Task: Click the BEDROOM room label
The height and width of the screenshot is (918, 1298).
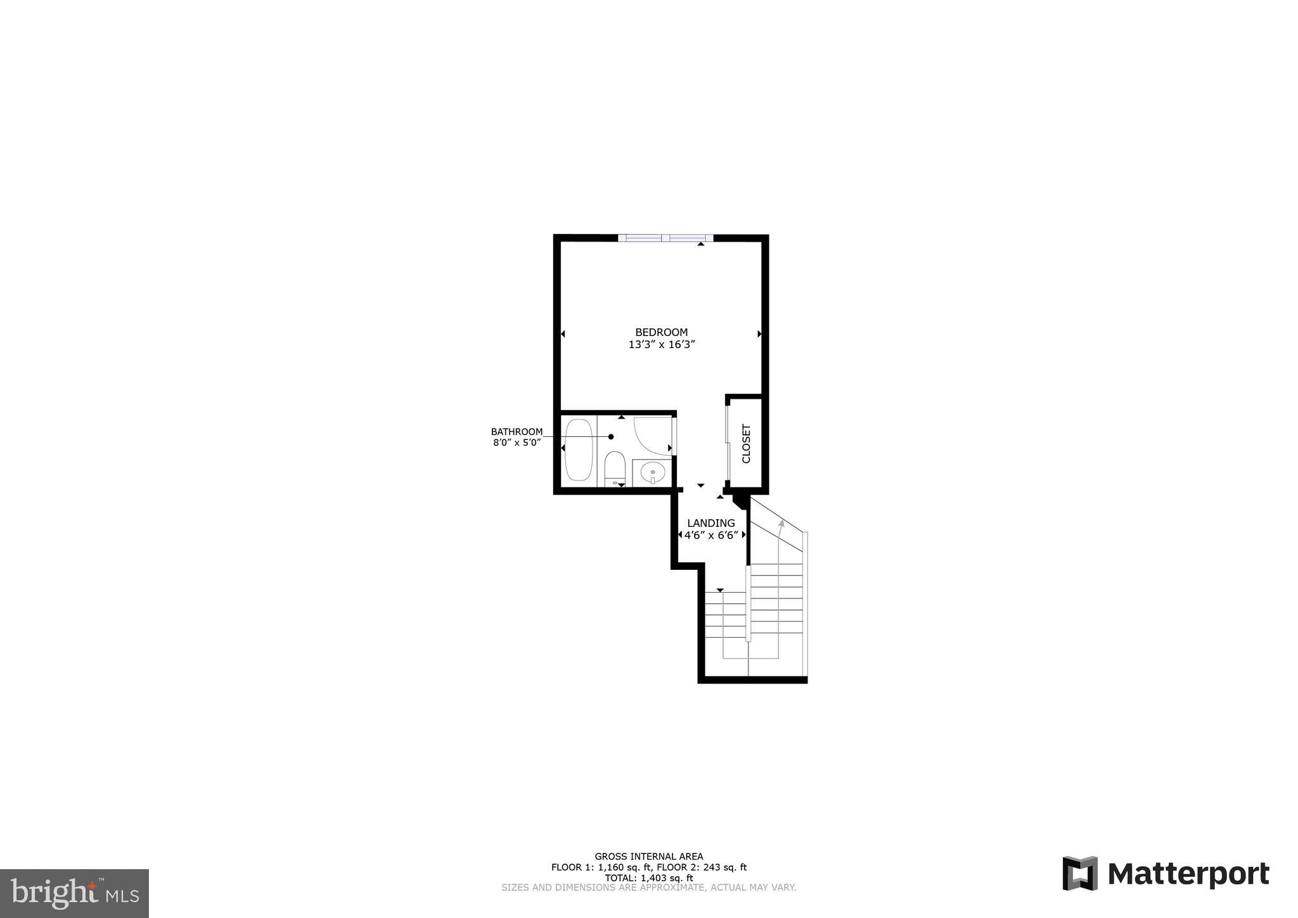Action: click(661, 332)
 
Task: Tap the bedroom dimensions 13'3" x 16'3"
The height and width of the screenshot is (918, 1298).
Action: click(661, 345)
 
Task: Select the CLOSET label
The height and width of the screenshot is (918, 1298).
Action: click(746, 444)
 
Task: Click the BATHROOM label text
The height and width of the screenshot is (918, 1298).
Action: click(517, 432)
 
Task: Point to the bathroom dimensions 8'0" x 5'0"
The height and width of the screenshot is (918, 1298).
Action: click(517, 443)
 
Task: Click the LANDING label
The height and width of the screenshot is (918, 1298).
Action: click(711, 523)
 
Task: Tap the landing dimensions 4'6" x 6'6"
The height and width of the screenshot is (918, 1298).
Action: click(711, 535)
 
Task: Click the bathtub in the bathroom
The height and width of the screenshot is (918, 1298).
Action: click(578, 449)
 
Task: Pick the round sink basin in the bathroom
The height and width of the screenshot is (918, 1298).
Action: click(652, 472)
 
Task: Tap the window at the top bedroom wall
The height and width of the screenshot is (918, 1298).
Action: click(665, 238)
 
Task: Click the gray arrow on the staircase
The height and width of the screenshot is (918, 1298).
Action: click(781, 524)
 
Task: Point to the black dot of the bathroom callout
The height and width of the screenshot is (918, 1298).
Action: click(611, 437)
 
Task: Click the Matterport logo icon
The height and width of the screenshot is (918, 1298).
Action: click(1079, 874)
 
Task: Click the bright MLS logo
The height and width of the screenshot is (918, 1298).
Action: click(74, 893)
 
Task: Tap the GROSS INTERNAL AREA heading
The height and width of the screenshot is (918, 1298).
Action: click(648, 857)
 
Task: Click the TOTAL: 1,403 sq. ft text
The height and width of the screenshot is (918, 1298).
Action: click(648, 878)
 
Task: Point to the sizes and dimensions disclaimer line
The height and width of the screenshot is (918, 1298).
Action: click(648, 888)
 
